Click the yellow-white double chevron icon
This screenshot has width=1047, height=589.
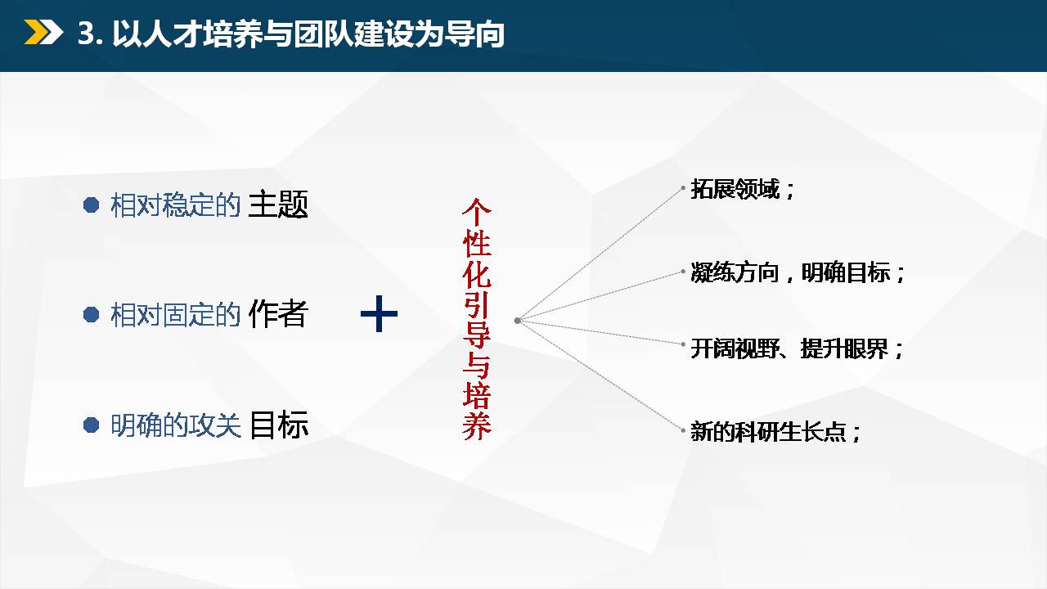pos(43,32)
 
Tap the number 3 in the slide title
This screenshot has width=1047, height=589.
pos(87,34)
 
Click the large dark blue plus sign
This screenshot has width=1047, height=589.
pos(379,313)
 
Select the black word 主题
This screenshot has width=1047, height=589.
pos(278,205)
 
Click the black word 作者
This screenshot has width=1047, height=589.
pos(278,313)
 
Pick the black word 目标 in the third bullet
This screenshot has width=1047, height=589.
pos(279,425)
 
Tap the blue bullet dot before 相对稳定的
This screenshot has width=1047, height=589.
pos(91,205)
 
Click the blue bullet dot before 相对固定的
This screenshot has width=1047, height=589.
pos(91,315)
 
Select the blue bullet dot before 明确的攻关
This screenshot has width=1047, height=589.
pos(91,425)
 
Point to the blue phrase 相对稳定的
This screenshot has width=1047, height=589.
pos(176,205)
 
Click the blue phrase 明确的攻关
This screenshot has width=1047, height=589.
pos(176,425)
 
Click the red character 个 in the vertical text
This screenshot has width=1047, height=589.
pos(477,213)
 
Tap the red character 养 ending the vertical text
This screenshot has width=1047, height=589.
pos(477,426)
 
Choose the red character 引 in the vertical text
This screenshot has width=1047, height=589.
pos(477,304)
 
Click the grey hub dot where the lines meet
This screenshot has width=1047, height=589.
pos(518,321)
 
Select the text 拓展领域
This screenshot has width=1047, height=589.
pos(735,189)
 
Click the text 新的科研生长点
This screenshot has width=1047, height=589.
pos(768,431)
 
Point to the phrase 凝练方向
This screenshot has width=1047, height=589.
pos(735,272)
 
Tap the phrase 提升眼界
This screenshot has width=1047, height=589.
pos(844,348)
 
